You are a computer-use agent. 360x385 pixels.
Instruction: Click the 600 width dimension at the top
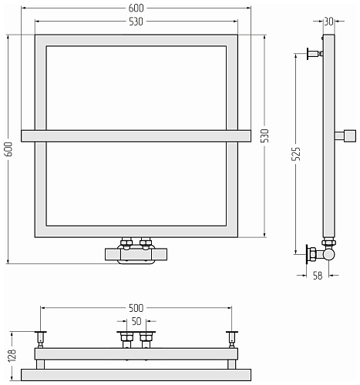136,8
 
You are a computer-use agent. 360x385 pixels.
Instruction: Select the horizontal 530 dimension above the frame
136,22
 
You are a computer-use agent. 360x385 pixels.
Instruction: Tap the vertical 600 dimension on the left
8,149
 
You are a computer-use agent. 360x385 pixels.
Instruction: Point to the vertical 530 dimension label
265,136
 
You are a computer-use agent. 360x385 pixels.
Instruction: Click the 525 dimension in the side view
296,154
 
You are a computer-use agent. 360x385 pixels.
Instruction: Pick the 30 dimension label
328,22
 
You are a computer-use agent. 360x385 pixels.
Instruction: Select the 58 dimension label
318,276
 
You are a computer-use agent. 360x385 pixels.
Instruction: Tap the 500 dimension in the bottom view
136,308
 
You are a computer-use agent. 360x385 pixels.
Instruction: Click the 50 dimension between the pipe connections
136,321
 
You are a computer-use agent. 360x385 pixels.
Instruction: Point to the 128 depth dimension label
12,356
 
